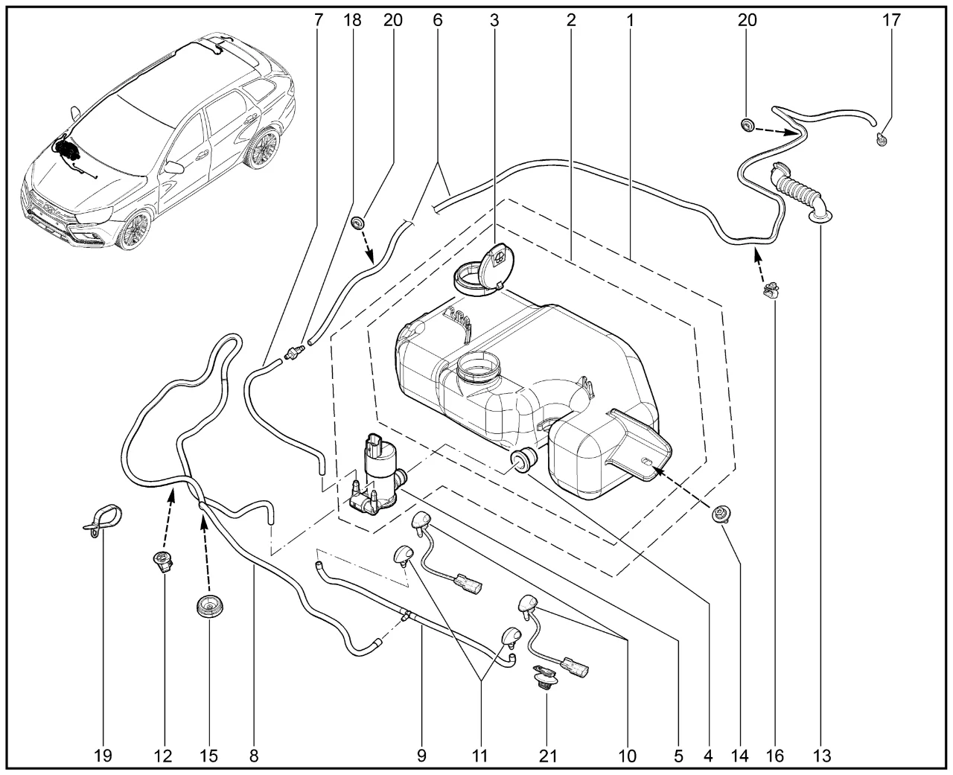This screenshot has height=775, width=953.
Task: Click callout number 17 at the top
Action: [891, 20]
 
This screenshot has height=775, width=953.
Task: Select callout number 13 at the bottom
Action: [821, 756]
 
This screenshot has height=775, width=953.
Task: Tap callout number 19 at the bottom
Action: [103, 756]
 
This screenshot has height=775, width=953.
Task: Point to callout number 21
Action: [548, 756]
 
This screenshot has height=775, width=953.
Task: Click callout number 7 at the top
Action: [319, 20]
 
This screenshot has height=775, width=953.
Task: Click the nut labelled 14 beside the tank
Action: [721, 514]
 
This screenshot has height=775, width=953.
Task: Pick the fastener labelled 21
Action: [546, 680]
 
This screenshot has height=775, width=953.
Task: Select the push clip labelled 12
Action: [162, 562]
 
